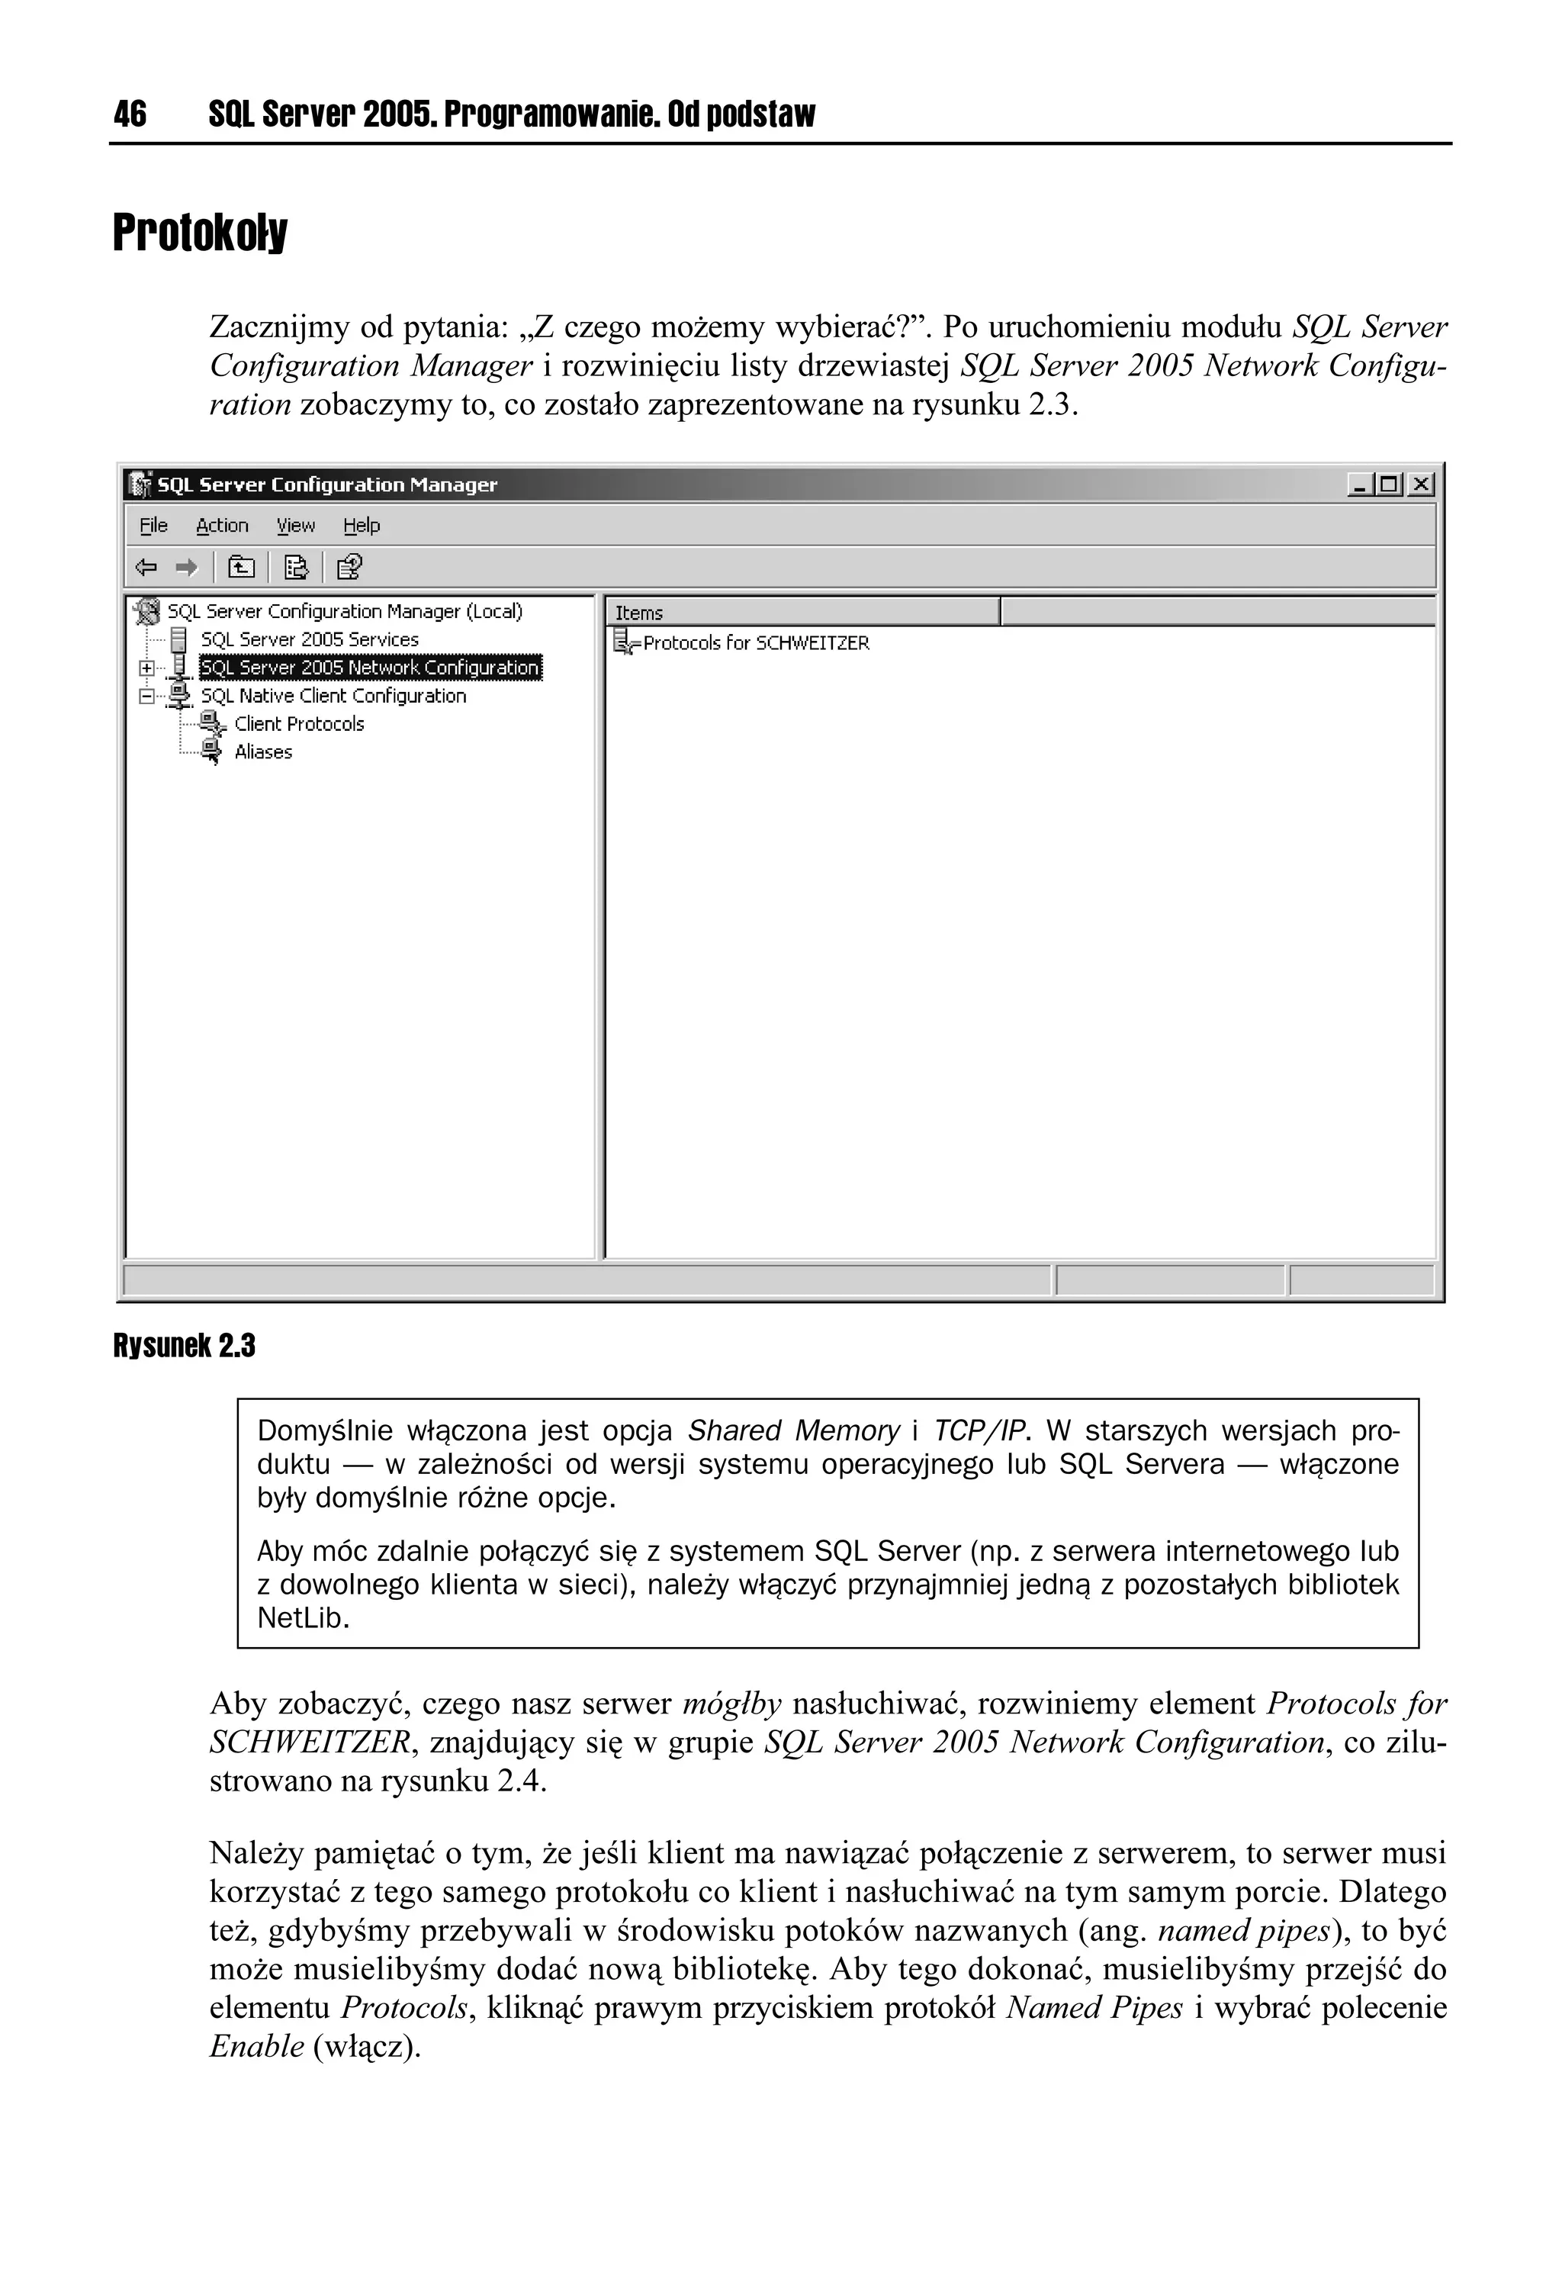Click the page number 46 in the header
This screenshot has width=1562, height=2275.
130,114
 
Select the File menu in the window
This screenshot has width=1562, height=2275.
153,526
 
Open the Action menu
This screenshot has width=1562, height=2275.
222,526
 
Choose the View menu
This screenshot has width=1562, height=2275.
296,526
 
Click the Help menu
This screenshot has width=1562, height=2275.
362,526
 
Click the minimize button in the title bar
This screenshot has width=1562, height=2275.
1359,484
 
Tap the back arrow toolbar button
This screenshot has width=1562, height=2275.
146,567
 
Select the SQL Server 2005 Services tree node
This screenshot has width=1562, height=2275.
309,639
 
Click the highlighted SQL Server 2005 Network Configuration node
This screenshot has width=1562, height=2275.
370,668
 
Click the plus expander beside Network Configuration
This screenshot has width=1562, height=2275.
146,668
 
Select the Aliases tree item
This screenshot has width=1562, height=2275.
263,751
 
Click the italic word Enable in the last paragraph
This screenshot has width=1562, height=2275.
256,2046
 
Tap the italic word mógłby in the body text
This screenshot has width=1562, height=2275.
731,1704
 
